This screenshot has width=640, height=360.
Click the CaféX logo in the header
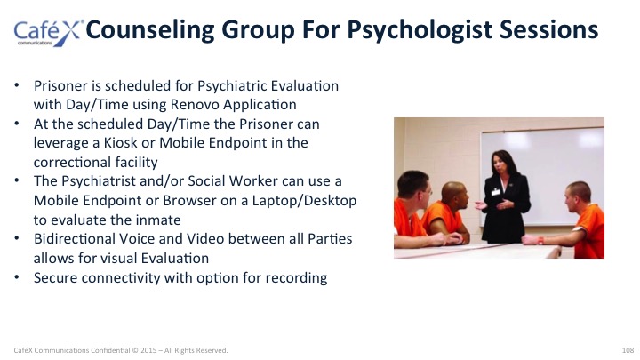(x=48, y=33)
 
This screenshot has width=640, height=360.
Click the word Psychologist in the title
(x=420, y=30)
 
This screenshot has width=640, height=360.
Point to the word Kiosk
(x=120, y=143)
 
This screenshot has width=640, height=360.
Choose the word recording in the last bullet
(x=296, y=278)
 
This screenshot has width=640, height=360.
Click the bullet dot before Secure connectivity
(x=17, y=277)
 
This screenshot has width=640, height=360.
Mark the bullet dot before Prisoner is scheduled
(x=17, y=85)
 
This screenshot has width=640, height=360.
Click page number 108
(x=628, y=350)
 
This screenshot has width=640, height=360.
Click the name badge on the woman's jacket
(x=495, y=191)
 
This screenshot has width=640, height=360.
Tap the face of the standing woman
(x=499, y=164)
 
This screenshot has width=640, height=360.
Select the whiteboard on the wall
(x=542, y=176)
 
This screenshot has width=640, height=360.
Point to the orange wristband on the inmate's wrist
(x=540, y=240)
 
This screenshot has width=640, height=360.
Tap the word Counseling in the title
(x=150, y=30)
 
